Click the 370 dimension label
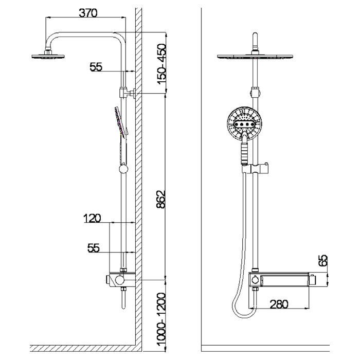coord(87,14)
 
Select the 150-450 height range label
coord(161,64)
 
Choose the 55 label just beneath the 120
coord(93,248)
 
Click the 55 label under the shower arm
coord(97,66)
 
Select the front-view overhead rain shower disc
coord(255,56)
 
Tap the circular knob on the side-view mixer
coord(119,280)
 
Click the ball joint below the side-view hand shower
coord(123,169)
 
